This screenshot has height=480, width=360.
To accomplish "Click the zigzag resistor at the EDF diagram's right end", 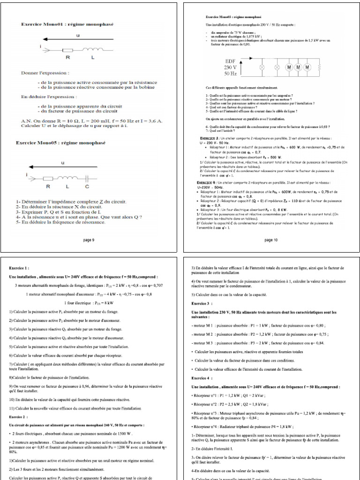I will click(320, 67).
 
